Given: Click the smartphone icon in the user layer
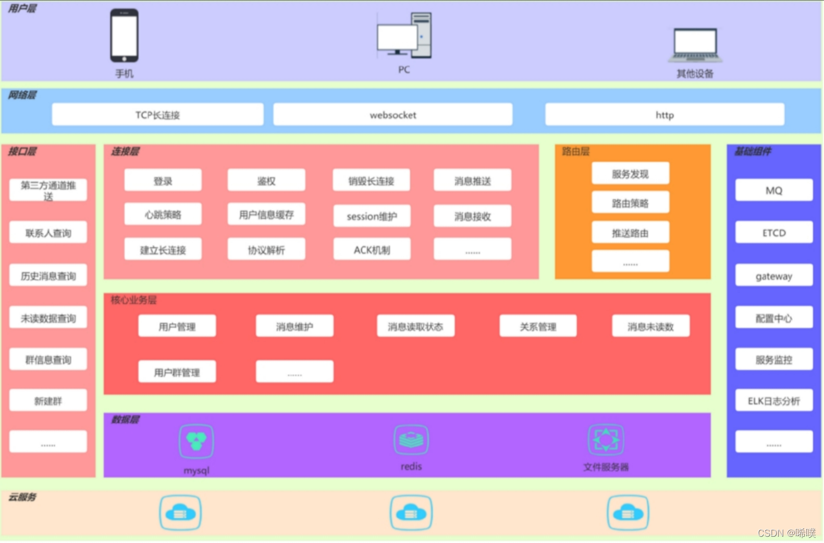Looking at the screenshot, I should click(124, 35).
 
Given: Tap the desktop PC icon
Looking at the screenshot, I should click(404, 35).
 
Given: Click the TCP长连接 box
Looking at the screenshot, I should click(157, 115).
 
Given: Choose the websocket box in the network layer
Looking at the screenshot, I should click(392, 115).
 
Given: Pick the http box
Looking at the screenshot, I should click(665, 115).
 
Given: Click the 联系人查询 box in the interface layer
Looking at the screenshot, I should click(48, 232).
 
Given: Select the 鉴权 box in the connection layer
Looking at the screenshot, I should click(266, 180).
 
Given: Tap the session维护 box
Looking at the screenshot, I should click(372, 216).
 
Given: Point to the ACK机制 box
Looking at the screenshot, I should click(372, 250).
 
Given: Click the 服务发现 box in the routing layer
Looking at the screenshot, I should click(630, 174).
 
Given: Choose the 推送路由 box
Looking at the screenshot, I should click(630, 232).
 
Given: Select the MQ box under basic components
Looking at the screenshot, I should click(773, 190).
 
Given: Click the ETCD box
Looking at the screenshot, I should click(773, 232).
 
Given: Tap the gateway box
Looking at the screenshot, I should click(773, 276).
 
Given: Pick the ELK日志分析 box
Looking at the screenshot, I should click(773, 400).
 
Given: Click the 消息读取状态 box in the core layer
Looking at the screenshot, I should click(415, 326).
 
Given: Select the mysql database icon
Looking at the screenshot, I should click(196, 441).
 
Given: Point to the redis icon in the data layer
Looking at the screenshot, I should click(411, 439).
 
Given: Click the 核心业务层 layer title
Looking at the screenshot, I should click(133, 300).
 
